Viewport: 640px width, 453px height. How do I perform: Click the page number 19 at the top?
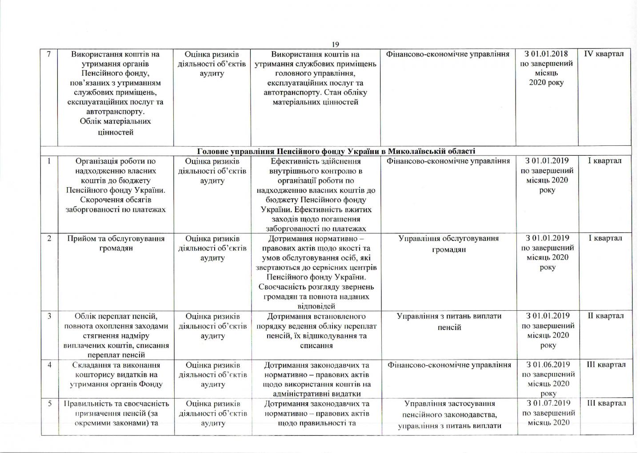point(335,44)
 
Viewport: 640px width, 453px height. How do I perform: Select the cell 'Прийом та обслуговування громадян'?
point(116,243)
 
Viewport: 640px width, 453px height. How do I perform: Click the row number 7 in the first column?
point(49,54)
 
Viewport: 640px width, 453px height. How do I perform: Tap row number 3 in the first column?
point(49,316)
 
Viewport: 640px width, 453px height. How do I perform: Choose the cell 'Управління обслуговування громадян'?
point(448,244)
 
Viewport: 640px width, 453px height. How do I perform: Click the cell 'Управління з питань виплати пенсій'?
point(448,321)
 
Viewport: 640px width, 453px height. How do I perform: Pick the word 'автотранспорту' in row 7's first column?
point(116,112)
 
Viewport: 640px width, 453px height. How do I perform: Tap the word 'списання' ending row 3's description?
point(316,345)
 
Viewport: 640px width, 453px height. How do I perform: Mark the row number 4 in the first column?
point(49,365)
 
